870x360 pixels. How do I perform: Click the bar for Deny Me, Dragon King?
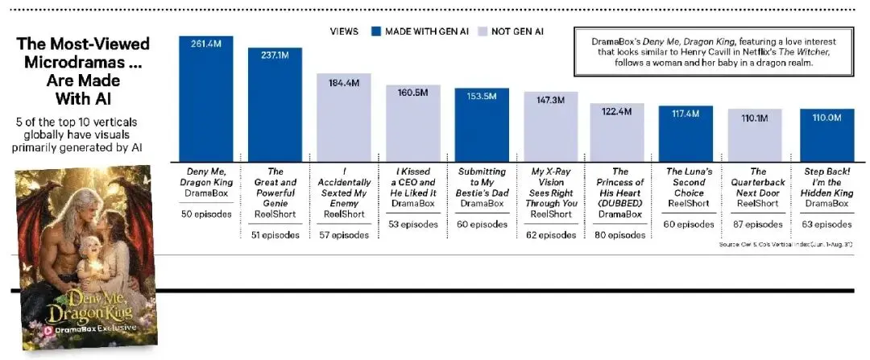click(206, 99)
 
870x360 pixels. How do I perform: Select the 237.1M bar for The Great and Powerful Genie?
click(275, 105)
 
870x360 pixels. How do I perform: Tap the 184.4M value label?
click(344, 83)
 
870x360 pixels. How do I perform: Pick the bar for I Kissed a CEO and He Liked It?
click(413, 123)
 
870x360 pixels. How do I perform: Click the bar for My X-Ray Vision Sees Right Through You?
click(552, 126)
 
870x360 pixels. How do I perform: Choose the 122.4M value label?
click(616, 111)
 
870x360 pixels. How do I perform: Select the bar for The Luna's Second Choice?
click(686, 134)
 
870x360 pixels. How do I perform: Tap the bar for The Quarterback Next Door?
click(755, 135)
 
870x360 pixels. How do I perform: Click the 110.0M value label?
click(826, 118)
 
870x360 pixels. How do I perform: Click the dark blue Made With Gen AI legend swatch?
click(375, 31)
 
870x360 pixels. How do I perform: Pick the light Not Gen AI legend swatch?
click(482, 31)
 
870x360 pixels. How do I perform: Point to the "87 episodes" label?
click(758, 225)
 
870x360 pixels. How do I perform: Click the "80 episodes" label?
click(620, 234)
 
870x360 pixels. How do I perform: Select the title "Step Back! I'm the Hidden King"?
click(826, 183)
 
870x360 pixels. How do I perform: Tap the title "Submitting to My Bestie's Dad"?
click(483, 183)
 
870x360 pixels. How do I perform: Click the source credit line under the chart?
click(785, 245)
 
